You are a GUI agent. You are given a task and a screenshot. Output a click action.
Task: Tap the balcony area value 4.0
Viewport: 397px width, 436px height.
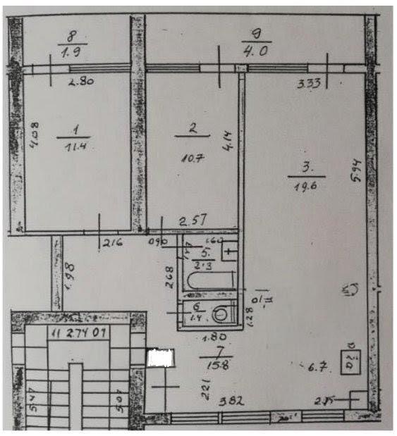pos(252,52)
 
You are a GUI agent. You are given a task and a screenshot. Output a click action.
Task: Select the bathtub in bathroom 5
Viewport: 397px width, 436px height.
pos(210,280)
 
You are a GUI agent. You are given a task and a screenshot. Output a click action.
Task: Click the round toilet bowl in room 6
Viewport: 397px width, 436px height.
pos(225,313)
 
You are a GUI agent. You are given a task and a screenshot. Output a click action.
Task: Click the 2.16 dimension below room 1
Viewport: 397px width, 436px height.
pos(114,244)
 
